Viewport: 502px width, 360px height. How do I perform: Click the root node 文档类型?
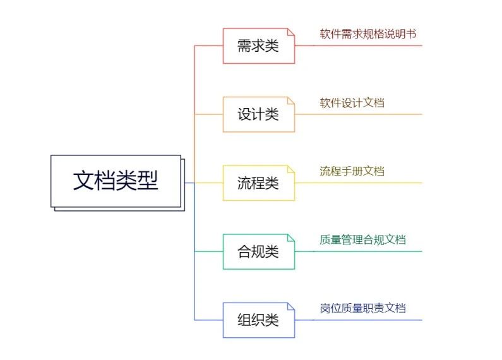116,181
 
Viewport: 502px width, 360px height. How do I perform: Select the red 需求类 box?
258,45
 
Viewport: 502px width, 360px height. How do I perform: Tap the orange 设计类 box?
258,114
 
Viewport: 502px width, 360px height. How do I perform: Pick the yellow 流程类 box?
258,183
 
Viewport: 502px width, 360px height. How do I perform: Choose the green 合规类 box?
258,251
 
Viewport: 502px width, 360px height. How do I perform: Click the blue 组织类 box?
258,320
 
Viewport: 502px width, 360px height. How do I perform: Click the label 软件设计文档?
352,102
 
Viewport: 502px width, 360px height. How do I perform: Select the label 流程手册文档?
352,171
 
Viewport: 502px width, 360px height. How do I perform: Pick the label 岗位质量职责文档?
362,308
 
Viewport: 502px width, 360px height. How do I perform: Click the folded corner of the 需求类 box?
291,32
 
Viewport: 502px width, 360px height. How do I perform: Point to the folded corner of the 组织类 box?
291,306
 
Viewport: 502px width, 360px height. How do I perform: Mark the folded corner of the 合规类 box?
291,237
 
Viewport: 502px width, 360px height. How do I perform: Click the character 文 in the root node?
84,181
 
